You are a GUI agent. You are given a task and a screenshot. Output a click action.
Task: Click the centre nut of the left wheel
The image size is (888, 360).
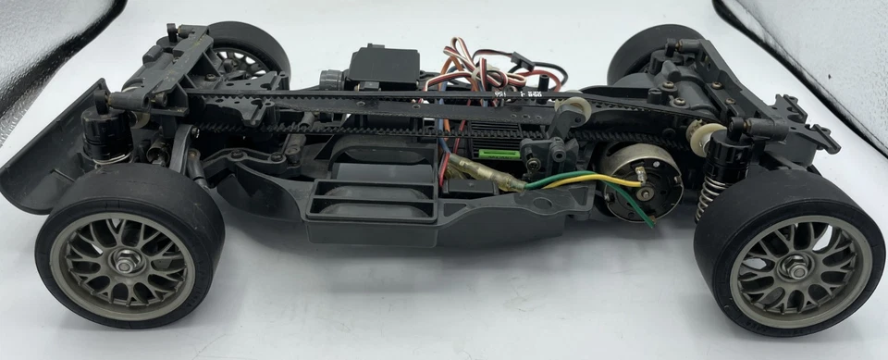(123, 266)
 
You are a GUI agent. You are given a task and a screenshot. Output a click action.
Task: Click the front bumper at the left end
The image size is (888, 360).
(37, 167)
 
